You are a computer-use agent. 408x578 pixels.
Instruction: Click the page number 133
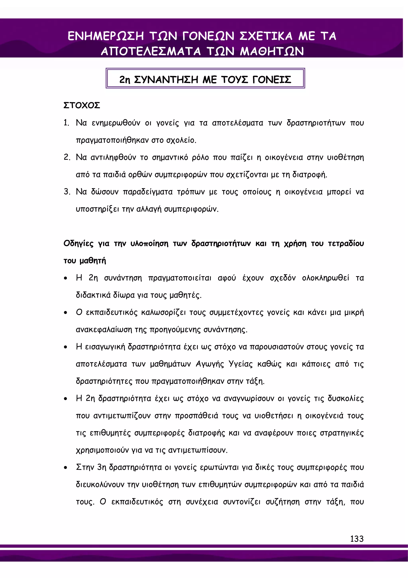(357, 539)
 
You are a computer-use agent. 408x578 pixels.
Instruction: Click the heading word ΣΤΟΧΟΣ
(82, 105)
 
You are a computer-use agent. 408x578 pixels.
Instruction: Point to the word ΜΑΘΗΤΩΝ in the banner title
(272, 51)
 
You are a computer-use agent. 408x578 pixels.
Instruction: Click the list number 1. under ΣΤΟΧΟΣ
(66, 123)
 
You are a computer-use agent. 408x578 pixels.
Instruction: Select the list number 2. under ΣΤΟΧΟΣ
(67, 157)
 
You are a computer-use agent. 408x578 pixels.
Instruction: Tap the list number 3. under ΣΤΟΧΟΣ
(67, 192)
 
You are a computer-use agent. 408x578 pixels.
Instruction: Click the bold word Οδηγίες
(78, 244)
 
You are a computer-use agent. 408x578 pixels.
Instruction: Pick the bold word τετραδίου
(346, 244)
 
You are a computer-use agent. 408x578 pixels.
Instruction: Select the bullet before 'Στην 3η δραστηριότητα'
(66, 468)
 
